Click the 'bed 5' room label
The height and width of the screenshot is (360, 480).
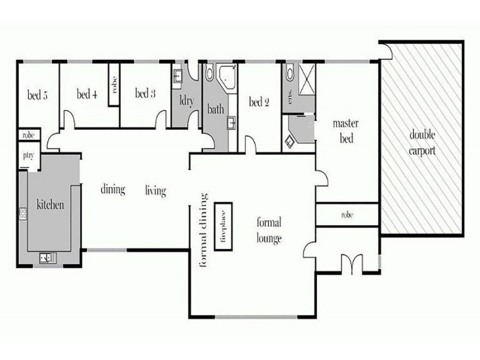[38, 94]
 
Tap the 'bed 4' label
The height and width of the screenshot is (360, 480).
[88, 94]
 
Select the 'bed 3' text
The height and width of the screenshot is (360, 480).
[145, 94]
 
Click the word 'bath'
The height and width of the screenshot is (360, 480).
[216, 110]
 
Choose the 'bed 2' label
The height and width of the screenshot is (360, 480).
[259, 103]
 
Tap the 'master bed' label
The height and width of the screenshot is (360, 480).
[346, 131]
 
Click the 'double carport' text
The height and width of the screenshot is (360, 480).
[423, 142]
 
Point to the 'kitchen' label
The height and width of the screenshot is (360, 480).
[50, 205]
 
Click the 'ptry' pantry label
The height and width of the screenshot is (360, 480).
[28, 156]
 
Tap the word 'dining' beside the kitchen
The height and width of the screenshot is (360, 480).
[113, 190]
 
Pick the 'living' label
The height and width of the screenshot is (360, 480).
[155, 191]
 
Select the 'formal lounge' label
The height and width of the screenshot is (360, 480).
[268, 230]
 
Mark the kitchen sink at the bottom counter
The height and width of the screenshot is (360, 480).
[47, 258]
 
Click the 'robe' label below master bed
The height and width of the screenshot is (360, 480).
[347, 214]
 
